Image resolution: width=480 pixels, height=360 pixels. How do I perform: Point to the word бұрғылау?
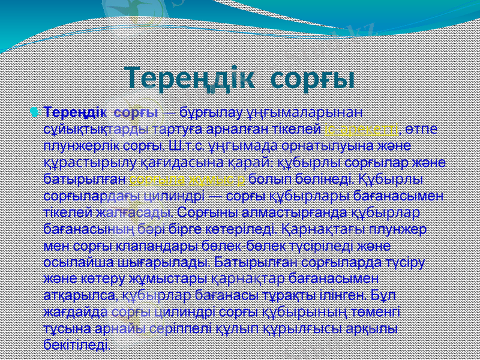pos(205,112)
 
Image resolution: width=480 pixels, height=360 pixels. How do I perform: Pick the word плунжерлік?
pos(76,145)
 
